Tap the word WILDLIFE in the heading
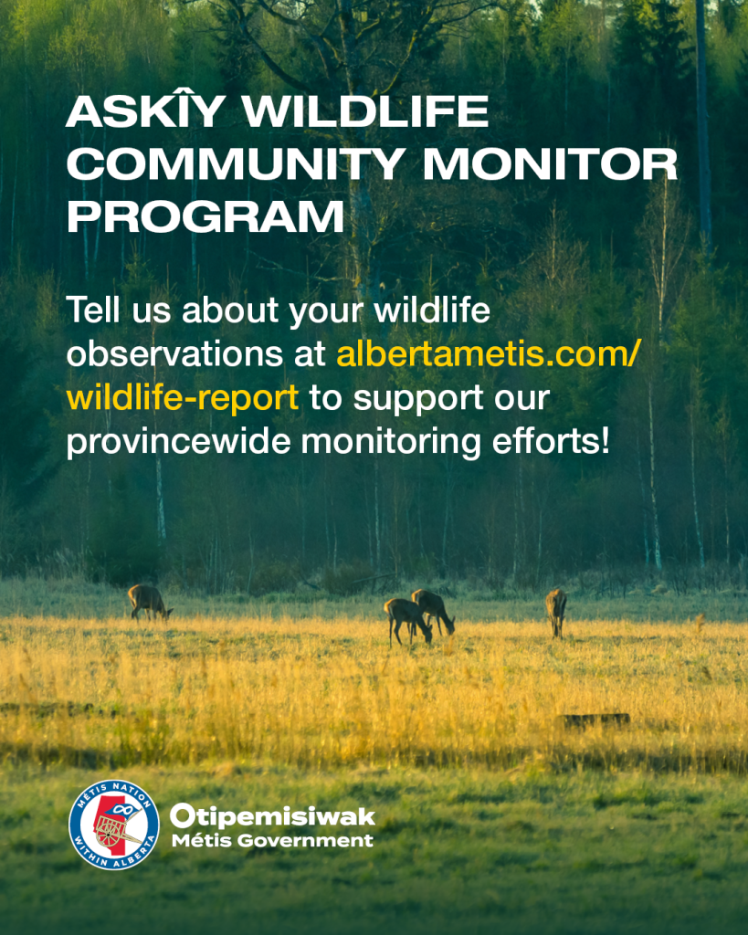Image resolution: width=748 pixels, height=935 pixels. click(365, 110)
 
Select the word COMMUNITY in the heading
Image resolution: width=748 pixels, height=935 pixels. click(237, 163)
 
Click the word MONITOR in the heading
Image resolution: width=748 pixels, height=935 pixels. click(550, 163)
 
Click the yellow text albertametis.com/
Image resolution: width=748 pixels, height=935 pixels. click(488, 353)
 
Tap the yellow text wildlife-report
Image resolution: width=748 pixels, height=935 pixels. click(183, 398)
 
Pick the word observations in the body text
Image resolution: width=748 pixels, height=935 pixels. click(174, 353)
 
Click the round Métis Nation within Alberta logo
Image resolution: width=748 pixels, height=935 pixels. click(114, 825)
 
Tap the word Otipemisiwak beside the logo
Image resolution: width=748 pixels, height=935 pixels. click(273, 816)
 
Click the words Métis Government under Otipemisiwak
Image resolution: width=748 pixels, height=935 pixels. click(272, 841)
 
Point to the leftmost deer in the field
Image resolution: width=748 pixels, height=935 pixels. click(150, 603)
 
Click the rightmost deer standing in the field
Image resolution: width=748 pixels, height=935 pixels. click(556, 613)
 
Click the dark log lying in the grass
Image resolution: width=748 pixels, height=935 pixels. click(594, 720)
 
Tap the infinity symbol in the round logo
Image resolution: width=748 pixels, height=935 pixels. click(122, 809)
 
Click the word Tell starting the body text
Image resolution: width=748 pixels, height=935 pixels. click(93, 310)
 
